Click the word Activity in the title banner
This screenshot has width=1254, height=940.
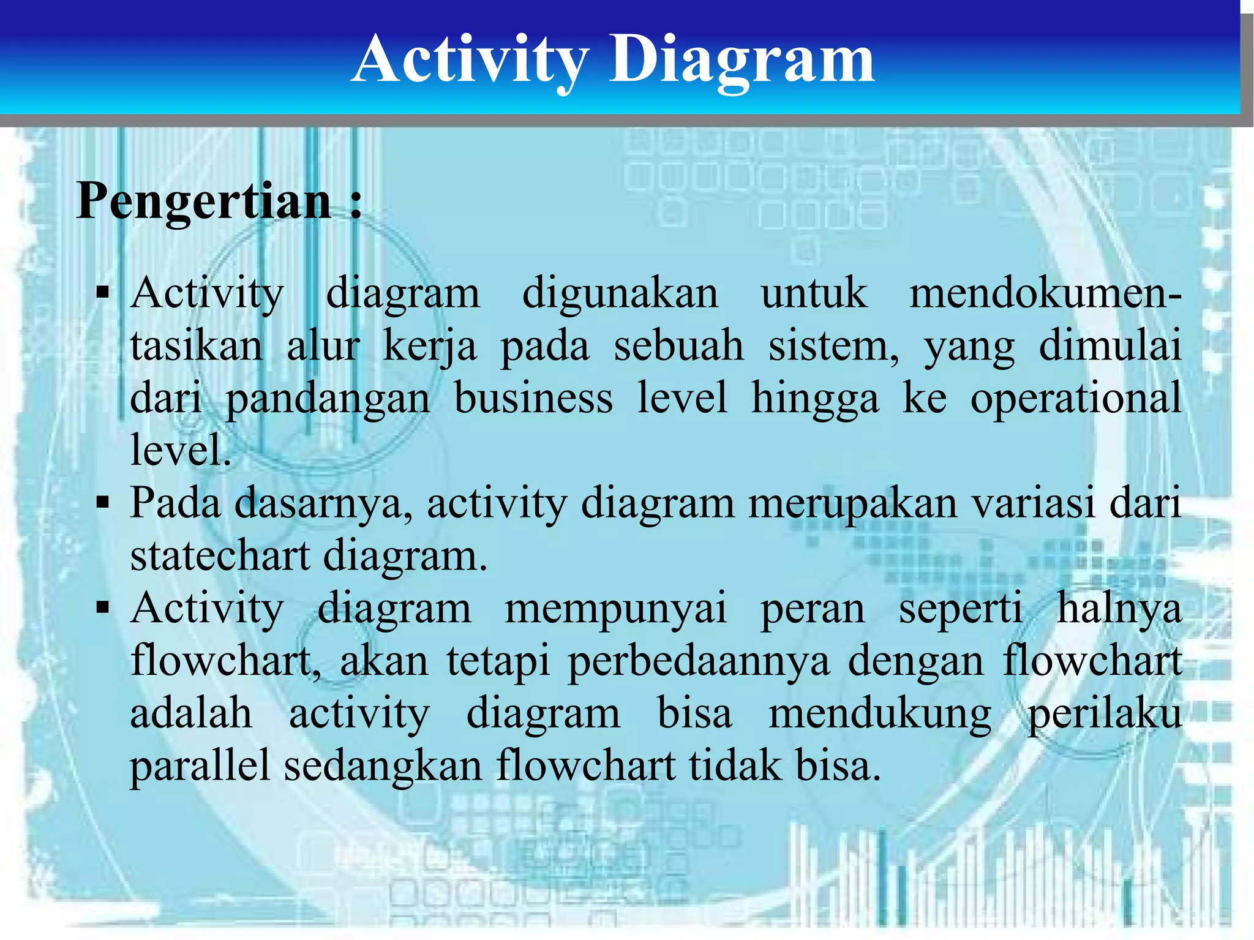pos(470,60)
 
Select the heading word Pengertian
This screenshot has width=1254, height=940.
pos(203,201)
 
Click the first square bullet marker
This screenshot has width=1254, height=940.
pos(103,293)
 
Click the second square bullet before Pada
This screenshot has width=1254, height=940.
pos(103,503)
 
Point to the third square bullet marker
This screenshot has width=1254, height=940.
pos(103,608)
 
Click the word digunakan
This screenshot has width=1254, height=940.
pos(620,294)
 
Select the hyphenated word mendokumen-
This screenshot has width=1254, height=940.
pos(1045,293)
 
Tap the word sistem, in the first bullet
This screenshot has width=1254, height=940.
pos(834,346)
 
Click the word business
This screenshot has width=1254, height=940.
pos(533,398)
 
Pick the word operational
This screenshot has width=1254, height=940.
pos(1076,399)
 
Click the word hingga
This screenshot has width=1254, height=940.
pos(815,399)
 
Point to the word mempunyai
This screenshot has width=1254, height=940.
pos(615,610)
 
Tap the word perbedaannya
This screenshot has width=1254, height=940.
pos(699,663)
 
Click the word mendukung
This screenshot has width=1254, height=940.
pos(880,715)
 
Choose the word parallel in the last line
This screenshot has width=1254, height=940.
pos(200,767)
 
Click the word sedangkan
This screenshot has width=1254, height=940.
pos(383,768)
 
